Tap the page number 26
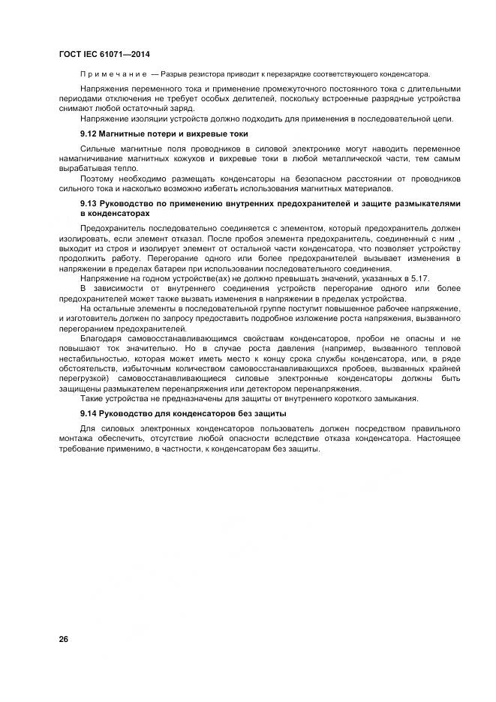(63, 638)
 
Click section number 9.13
(89, 203)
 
